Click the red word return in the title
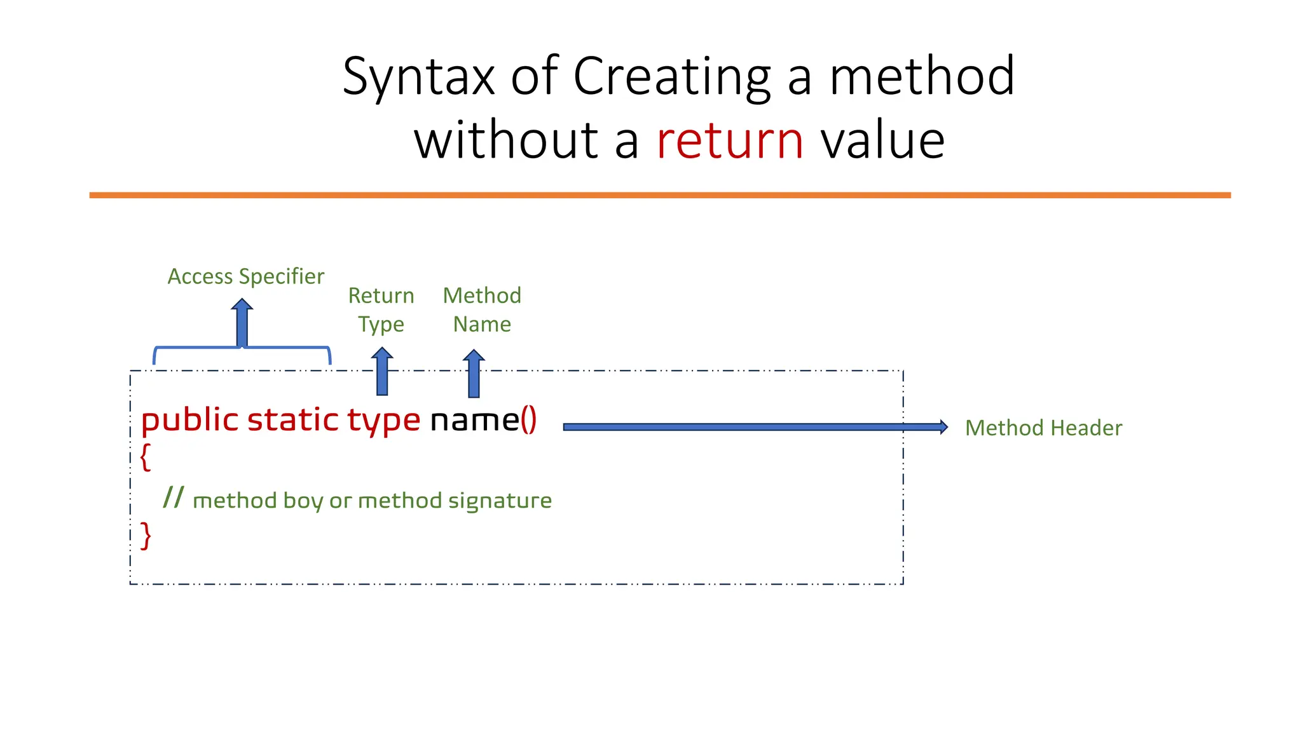(730, 140)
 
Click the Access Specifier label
(246, 276)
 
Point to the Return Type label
(381, 309)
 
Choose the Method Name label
(482, 309)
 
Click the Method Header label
(1043, 428)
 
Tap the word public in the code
(189, 421)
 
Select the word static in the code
(292, 419)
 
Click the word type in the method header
(383, 421)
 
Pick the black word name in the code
(475, 420)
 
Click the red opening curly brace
(146, 456)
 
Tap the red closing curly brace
(146, 535)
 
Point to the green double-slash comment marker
(174, 497)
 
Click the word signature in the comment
(500, 501)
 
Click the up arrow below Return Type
(382, 372)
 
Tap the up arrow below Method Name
(474, 374)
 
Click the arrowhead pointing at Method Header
(943, 427)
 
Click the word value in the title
(882, 140)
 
